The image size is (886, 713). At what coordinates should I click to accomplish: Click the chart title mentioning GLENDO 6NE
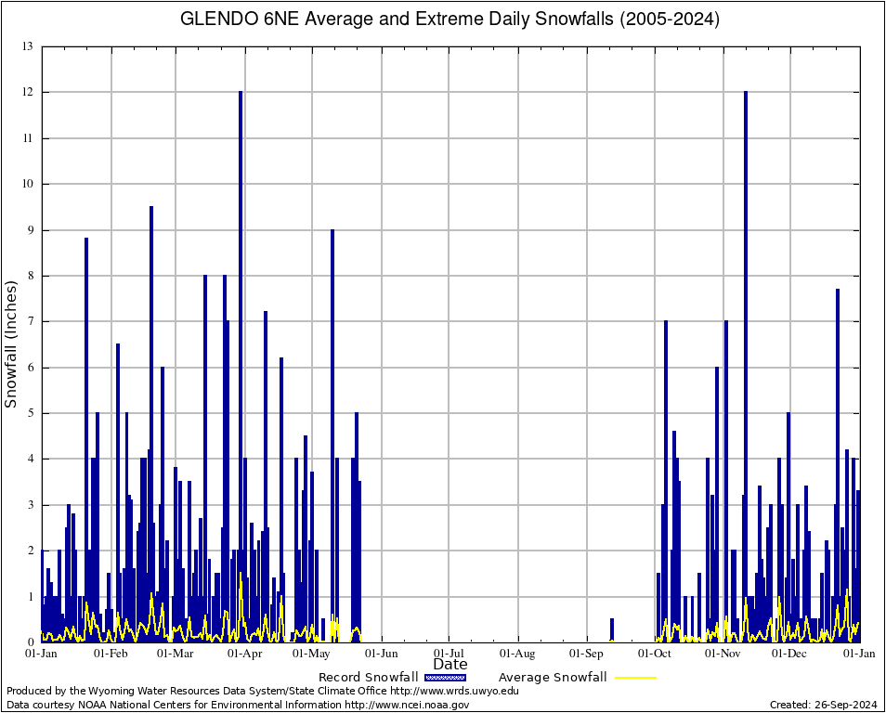[449, 19]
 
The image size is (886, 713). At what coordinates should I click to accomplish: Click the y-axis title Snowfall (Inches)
[12, 344]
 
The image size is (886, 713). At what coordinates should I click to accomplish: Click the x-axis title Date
[450, 665]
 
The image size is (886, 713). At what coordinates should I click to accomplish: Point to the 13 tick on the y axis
[29, 46]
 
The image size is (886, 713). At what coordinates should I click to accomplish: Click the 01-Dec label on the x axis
[791, 654]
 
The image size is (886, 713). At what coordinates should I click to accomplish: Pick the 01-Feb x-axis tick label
[111, 654]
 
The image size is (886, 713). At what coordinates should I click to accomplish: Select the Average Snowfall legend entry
[552, 678]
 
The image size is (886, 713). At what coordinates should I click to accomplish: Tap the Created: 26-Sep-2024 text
[823, 705]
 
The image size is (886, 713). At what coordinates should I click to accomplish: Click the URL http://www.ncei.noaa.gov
[407, 705]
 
